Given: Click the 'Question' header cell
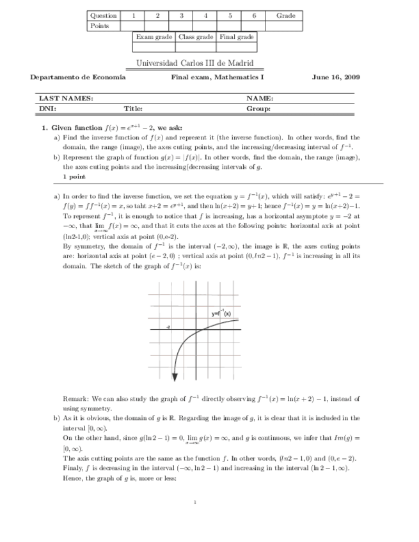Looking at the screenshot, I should (103, 15).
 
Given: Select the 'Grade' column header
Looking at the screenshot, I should (286, 15).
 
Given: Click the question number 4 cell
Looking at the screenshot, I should (205, 15).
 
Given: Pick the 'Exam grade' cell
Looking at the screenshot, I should (154, 37).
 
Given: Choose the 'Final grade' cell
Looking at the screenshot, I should (237, 37).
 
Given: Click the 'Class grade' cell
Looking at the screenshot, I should (196, 37).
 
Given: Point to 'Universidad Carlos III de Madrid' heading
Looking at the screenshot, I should (195, 63).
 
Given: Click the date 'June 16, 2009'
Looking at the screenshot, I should (336, 77).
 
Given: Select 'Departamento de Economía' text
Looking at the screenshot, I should (78, 77).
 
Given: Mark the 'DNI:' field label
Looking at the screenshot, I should (48, 109).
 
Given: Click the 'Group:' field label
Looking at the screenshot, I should (258, 109).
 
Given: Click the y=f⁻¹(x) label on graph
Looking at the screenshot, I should (221, 313).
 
